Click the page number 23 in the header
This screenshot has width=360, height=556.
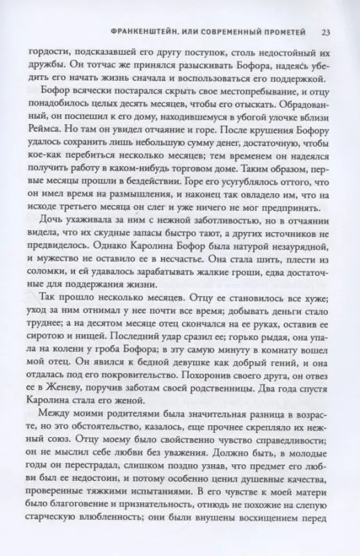coord(327,31)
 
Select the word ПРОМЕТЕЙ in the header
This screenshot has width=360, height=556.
coord(288,31)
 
